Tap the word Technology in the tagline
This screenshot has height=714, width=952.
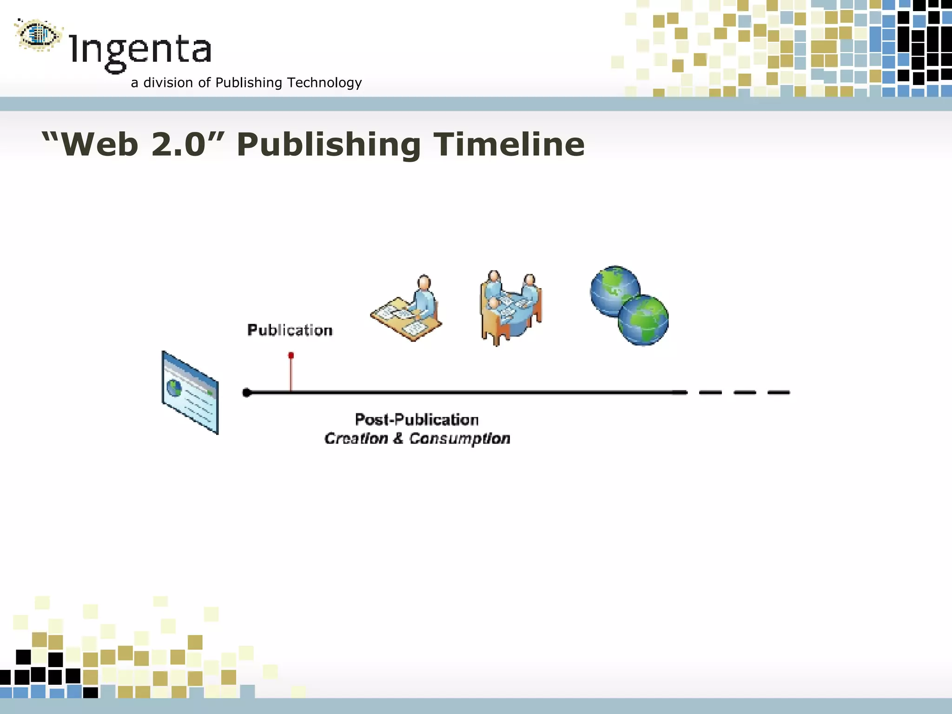(324, 83)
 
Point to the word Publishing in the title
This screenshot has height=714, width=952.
(328, 145)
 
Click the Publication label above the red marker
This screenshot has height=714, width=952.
(290, 330)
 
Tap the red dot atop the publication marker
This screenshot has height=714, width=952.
(291, 356)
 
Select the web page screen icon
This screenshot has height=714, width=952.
(190, 393)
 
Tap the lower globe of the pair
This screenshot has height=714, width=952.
(643, 320)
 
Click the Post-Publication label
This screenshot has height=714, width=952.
(416, 420)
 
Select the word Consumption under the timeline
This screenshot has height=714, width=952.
(459, 438)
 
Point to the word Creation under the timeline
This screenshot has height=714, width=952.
(356, 438)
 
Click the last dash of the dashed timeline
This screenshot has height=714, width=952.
(779, 393)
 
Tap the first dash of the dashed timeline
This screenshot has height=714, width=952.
(710, 393)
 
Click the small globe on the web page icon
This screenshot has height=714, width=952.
(174, 388)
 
